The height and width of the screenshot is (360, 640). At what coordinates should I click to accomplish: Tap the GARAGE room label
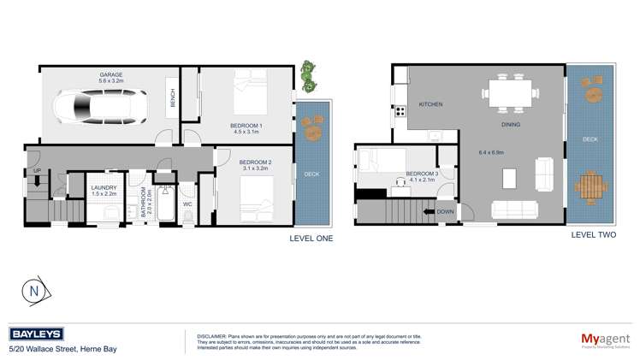pyautogui.click(x=110, y=74)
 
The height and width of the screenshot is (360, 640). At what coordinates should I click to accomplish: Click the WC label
pyautogui.click(x=187, y=204)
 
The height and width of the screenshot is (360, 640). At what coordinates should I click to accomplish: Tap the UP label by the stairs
pyautogui.click(x=36, y=170)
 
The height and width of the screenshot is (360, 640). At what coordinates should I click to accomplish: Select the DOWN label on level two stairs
pyautogui.click(x=446, y=210)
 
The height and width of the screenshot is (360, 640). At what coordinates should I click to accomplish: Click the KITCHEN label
pyautogui.click(x=430, y=104)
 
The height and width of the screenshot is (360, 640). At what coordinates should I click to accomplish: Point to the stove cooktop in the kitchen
pyautogui.click(x=400, y=110)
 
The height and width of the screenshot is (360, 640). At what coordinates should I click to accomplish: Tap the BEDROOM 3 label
pyautogui.click(x=422, y=174)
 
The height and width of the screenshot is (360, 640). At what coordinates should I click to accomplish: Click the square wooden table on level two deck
pyautogui.click(x=590, y=186)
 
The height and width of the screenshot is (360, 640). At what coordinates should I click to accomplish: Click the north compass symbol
pyautogui.click(x=34, y=291)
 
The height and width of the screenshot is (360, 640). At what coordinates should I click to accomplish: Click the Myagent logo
pyautogui.click(x=605, y=339)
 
